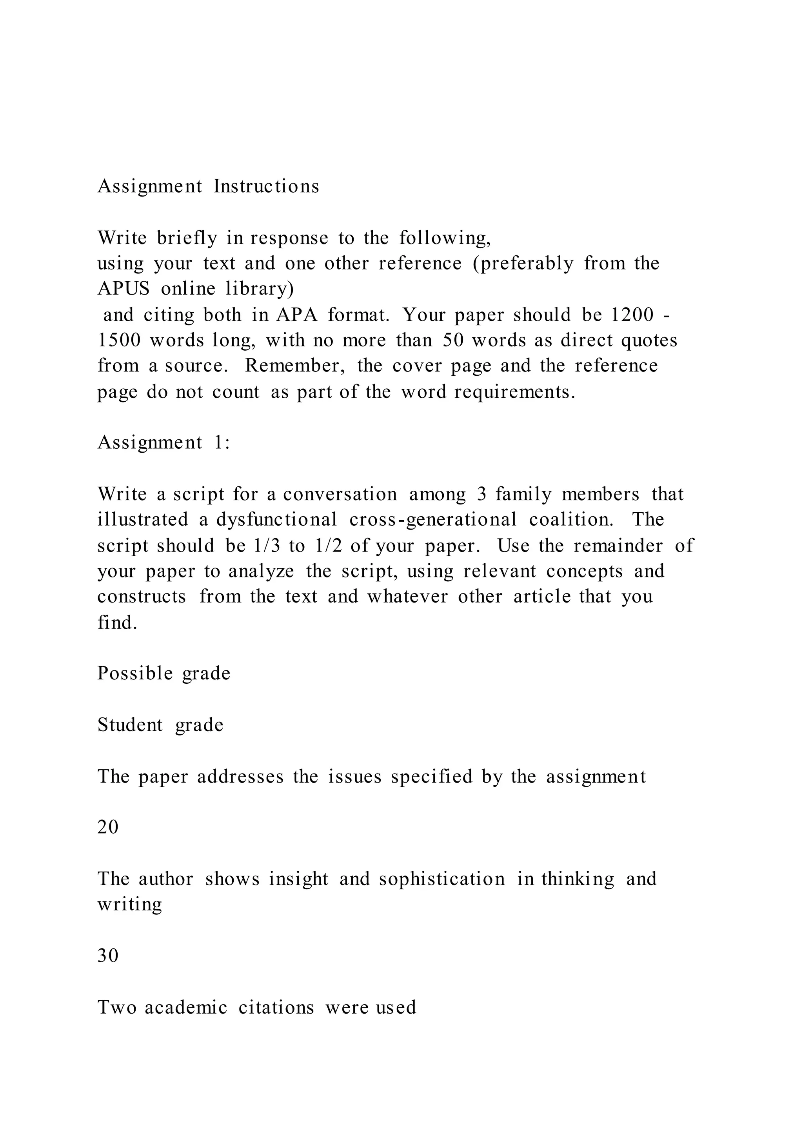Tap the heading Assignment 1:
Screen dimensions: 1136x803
tap(164, 442)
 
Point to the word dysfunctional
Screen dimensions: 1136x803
tap(276, 519)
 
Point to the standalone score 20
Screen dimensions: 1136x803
tap(108, 827)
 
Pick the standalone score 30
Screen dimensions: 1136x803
tap(108, 956)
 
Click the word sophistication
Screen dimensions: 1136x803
tap(442, 879)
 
